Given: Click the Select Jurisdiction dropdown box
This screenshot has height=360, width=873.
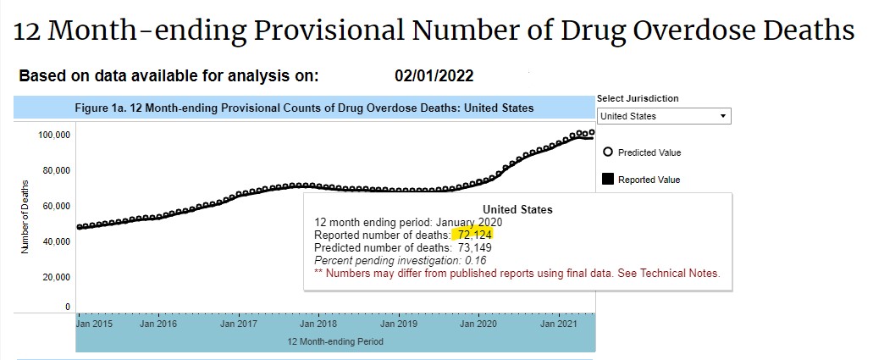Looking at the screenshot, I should (x=663, y=116).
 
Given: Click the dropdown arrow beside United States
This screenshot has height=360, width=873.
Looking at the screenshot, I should (x=722, y=116).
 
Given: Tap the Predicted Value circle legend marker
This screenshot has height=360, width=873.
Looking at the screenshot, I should (x=607, y=152).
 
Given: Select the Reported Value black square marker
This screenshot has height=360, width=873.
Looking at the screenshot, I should (x=607, y=179).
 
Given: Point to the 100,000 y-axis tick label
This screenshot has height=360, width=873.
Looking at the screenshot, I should (x=54, y=135).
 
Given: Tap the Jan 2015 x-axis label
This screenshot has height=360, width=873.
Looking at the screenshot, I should (x=95, y=324).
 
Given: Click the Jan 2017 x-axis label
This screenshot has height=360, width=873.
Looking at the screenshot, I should (x=239, y=324).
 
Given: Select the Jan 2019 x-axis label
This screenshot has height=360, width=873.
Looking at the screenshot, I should (x=398, y=324).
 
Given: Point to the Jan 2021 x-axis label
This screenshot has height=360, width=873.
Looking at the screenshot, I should (x=558, y=324).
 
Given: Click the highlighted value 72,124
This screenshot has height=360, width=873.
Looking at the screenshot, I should (x=472, y=235).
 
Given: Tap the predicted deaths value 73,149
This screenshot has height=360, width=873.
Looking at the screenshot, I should (x=472, y=247).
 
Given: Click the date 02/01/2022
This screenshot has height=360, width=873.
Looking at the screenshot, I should (x=434, y=76).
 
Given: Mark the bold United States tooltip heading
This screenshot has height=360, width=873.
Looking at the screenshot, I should (x=517, y=209).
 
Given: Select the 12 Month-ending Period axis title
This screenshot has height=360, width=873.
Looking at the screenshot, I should (x=335, y=342).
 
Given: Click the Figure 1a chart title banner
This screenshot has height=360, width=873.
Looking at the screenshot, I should (x=304, y=108).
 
